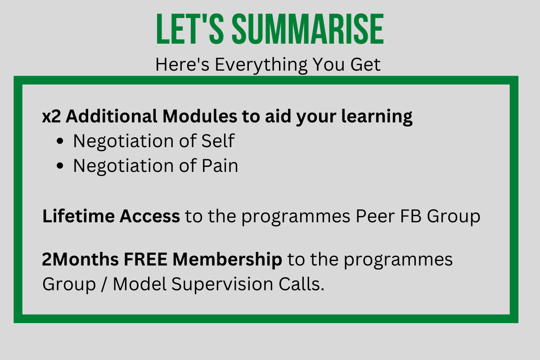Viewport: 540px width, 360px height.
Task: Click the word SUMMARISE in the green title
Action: (x=308, y=29)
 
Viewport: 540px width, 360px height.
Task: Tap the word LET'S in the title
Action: (x=190, y=29)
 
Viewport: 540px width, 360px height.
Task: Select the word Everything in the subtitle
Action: (x=261, y=65)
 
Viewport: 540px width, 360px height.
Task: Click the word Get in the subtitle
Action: (x=365, y=65)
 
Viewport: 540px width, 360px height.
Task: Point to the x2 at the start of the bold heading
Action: (x=51, y=116)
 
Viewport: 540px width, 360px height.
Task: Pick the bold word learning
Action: (x=377, y=117)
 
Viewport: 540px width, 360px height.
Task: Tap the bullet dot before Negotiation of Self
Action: (x=60, y=141)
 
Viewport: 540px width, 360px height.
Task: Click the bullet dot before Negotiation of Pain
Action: (x=60, y=166)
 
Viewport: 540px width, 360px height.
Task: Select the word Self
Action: (x=218, y=140)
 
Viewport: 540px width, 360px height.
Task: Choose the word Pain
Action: (x=220, y=166)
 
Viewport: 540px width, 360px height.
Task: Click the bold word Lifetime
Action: (x=78, y=216)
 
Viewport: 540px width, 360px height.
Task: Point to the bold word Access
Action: (x=150, y=216)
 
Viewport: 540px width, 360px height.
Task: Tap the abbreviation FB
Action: (x=411, y=216)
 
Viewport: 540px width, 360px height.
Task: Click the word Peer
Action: (x=376, y=216)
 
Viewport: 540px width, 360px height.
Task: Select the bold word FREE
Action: (x=146, y=260)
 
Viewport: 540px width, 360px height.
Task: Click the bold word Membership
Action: (x=227, y=260)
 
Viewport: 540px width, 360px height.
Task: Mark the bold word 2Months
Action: (x=80, y=260)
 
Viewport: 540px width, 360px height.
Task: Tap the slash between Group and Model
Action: (x=104, y=284)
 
